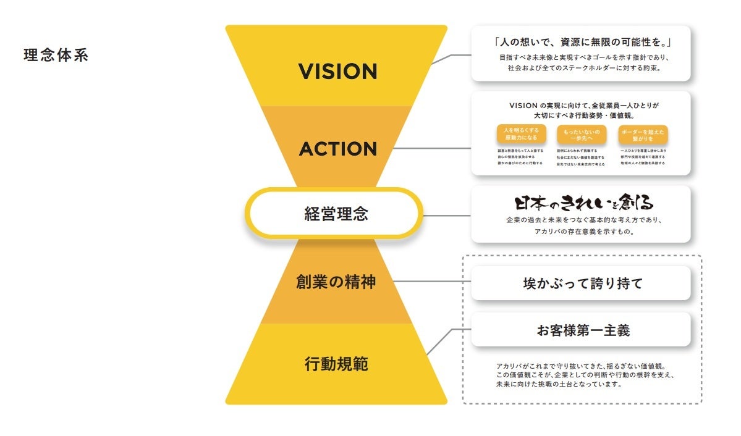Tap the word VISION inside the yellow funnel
click(x=337, y=72)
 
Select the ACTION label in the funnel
click(x=337, y=149)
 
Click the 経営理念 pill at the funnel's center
click(x=336, y=214)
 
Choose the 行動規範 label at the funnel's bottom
click(x=336, y=364)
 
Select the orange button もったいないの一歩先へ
click(x=582, y=135)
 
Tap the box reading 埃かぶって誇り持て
click(x=581, y=283)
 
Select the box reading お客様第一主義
click(x=581, y=330)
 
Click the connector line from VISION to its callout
click(x=451, y=56)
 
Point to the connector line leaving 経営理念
click(x=446, y=215)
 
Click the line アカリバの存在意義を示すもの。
click(x=581, y=231)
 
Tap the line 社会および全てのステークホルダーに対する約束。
click(x=581, y=69)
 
